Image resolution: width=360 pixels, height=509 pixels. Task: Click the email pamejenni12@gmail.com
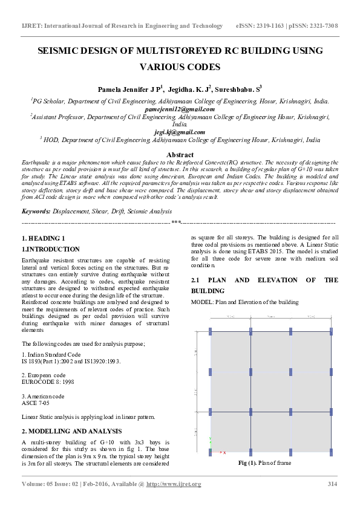(x=180, y=109)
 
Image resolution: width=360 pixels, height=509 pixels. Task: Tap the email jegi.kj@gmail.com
(x=180, y=132)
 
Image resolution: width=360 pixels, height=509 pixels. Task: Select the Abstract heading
(x=180, y=155)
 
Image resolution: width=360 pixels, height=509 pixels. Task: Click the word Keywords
(x=35, y=212)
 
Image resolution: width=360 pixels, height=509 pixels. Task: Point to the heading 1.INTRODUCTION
(x=50, y=249)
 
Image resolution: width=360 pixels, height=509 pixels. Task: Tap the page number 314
(x=332, y=484)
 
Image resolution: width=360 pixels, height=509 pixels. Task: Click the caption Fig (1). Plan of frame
(x=264, y=463)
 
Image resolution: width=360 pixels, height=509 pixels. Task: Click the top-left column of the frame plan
(x=211, y=331)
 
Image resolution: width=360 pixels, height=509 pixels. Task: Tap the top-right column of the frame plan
(x=331, y=331)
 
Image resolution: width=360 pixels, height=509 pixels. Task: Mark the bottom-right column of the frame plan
(x=331, y=452)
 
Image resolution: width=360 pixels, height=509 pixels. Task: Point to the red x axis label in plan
(x=224, y=452)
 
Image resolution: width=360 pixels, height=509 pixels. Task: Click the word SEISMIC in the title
(x=61, y=51)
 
